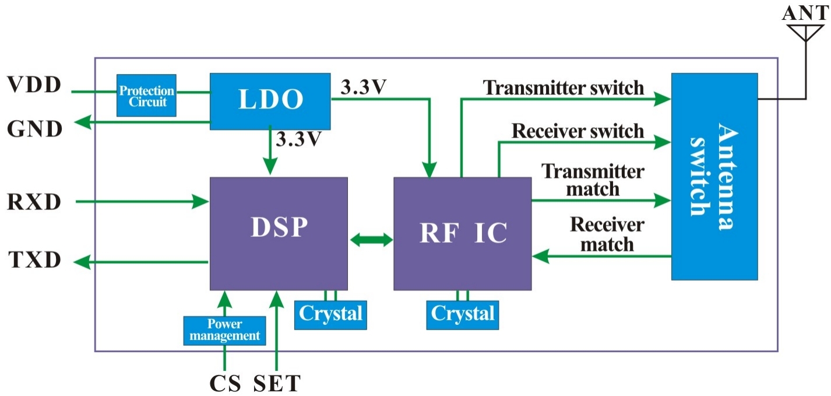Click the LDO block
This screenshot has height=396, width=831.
[x=270, y=101]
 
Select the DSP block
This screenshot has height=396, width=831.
[x=279, y=233]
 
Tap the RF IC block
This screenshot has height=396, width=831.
[x=462, y=233]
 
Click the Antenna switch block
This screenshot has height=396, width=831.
[x=714, y=176]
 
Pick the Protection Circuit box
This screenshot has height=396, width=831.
[x=146, y=96]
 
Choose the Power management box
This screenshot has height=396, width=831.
[x=224, y=330]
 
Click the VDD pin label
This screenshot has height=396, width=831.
[x=34, y=85]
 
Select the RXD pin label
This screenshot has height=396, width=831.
[x=34, y=202]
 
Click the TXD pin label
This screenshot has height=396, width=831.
[x=34, y=260]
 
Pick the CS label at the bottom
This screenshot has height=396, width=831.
[x=226, y=383]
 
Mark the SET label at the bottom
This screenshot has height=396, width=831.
[x=277, y=383]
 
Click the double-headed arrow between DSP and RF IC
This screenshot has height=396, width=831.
[x=371, y=240]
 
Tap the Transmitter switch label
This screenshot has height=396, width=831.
[x=564, y=87]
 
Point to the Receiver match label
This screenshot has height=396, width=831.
[x=607, y=234]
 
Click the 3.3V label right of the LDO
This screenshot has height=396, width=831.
[x=364, y=87]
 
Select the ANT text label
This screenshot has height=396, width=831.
[x=805, y=11]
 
